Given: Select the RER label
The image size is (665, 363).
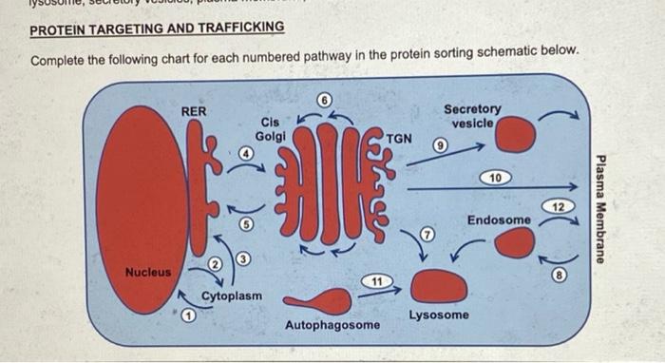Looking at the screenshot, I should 194,112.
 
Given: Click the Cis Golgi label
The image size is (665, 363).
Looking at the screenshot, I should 269,129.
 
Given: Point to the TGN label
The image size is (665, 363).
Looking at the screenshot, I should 400,139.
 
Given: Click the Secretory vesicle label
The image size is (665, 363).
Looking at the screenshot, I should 472,116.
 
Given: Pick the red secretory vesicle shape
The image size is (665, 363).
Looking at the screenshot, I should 515,134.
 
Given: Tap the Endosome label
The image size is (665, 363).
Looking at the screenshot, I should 499,220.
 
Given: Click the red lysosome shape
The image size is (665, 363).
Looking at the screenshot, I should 438,286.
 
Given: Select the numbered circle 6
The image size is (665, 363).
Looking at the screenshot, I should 324,100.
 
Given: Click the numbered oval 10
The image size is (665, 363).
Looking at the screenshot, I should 495,178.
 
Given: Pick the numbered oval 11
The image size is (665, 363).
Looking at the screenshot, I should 377,280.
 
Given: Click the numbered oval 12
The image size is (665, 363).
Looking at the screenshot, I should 559,206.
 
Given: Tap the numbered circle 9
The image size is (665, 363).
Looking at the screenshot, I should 440,145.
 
